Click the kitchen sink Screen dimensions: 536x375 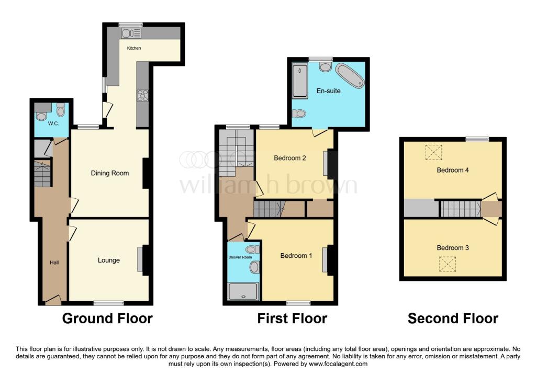131,33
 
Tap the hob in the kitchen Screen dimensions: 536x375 142,96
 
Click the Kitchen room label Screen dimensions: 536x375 134,48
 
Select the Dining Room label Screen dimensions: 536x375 110,173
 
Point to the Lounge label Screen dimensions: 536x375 109,260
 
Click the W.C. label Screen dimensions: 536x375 53,123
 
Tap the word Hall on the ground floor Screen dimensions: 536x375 54,263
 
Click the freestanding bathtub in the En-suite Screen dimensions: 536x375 350,75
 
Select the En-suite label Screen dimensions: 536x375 329,91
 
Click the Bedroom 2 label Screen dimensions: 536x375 290,158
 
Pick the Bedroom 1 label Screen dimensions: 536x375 296,256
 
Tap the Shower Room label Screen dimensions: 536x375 240,257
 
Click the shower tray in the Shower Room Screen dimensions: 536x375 243,292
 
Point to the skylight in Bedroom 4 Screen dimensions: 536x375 434,152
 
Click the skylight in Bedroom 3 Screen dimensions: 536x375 448,264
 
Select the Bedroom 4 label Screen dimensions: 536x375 453,170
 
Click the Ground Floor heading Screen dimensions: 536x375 107,319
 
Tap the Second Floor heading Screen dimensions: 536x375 453,319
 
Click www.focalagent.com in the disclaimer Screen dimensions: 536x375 339,363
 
